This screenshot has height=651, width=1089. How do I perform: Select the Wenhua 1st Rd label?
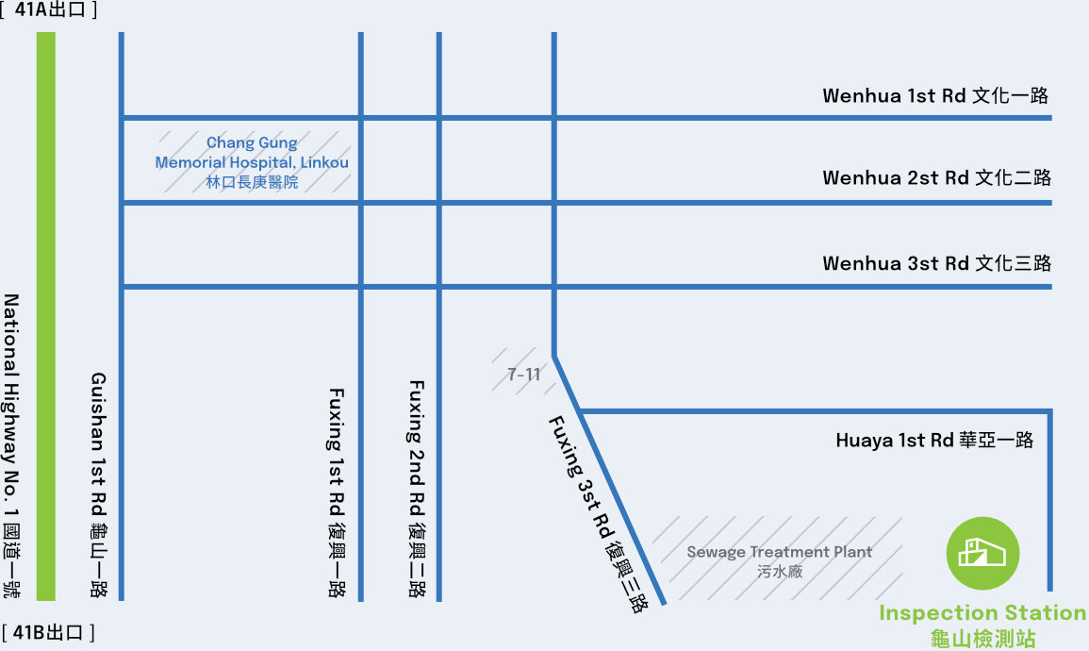pos(935,95)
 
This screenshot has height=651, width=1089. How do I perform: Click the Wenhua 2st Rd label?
pos(935,178)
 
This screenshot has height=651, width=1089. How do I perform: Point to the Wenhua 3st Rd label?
pos(935,263)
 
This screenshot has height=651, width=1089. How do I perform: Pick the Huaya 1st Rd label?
pos(934,441)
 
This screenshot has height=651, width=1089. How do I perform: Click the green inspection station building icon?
pos(983,554)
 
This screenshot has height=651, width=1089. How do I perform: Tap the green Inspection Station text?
pos(982,613)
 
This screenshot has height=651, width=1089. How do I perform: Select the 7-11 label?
pos(524,375)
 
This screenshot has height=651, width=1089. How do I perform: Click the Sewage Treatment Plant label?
pos(779,553)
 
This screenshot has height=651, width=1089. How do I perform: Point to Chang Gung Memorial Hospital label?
pos(252,153)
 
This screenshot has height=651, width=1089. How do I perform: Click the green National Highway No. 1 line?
pos(45,316)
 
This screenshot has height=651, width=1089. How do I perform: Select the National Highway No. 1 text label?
pos(12,446)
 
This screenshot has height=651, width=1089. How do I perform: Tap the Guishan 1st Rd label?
pos(98,484)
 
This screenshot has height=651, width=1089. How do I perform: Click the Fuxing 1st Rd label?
pos(337,492)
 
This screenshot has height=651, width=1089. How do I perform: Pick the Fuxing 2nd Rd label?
pos(416,488)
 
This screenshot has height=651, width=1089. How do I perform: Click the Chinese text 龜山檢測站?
pos(982,639)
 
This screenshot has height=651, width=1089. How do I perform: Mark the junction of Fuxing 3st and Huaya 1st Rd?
pos(580,411)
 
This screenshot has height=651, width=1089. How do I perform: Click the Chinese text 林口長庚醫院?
pos(252,182)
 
